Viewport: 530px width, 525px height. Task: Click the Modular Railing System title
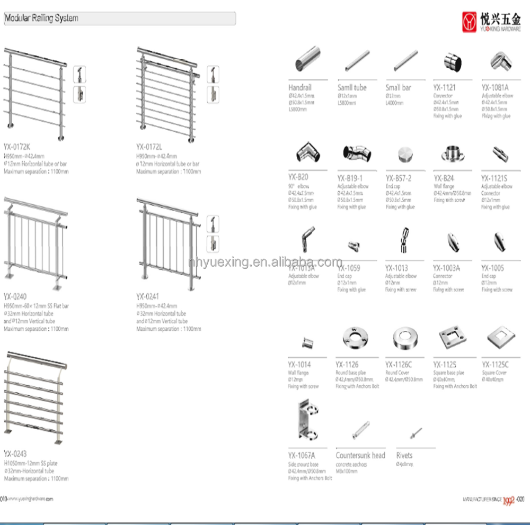coord(41,18)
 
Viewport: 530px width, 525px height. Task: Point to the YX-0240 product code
coord(15,297)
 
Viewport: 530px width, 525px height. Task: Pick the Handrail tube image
coord(307,59)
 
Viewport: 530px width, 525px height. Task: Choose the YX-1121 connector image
coord(452,63)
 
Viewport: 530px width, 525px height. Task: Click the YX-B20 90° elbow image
coord(307,154)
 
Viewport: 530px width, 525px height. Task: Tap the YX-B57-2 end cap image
coord(404,155)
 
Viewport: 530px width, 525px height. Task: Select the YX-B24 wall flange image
coord(452,155)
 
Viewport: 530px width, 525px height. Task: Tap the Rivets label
coord(404,455)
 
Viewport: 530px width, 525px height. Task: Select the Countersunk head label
coord(360,455)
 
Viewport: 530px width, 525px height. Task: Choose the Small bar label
coord(398,87)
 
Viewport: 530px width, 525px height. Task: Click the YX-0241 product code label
coord(147,297)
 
